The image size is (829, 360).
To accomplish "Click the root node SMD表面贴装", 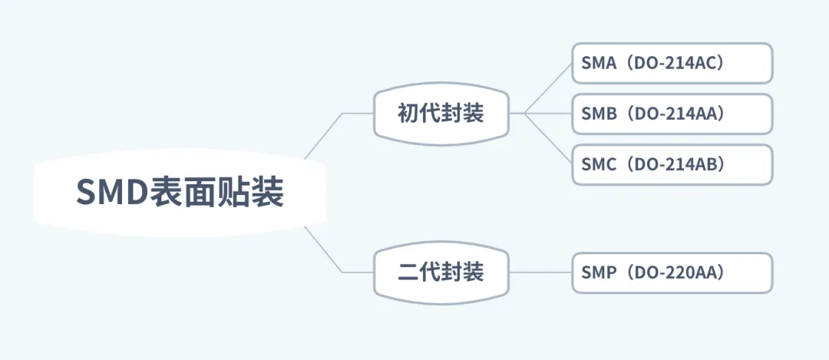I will click(x=180, y=192).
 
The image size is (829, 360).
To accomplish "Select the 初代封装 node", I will click(x=441, y=114).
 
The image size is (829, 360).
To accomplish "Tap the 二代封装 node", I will click(x=441, y=272).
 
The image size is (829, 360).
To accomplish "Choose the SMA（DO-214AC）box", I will click(x=672, y=63).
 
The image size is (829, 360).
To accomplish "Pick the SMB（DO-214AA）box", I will click(x=672, y=114).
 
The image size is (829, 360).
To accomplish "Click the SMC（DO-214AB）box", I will click(x=672, y=164).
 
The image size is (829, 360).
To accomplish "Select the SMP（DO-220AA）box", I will click(x=672, y=272).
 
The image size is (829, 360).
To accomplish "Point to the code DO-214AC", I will click(x=675, y=63).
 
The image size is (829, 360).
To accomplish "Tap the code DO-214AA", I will click(x=675, y=114).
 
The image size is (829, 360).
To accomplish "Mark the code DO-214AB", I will click(x=675, y=164).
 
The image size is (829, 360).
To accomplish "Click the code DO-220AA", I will click(x=675, y=272).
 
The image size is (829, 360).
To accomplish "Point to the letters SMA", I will click(x=599, y=63).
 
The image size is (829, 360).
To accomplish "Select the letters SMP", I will click(x=599, y=272).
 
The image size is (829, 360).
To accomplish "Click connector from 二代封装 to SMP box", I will click(x=540, y=272).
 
